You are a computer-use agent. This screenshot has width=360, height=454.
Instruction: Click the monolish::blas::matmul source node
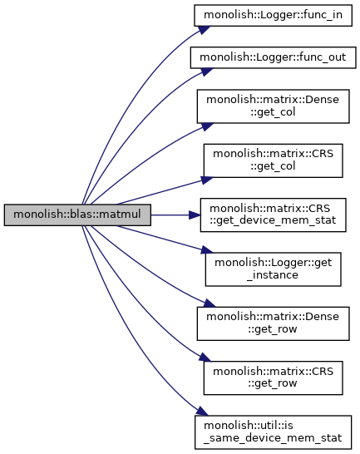click(x=77, y=215)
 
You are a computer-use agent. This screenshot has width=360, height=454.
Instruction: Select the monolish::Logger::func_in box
click(x=273, y=15)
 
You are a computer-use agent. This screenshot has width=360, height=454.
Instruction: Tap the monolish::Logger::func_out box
click(x=273, y=57)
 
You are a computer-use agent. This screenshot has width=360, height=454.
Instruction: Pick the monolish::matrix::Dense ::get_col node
click(x=273, y=106)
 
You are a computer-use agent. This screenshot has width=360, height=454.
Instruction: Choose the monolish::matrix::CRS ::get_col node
click(x=273, y=160)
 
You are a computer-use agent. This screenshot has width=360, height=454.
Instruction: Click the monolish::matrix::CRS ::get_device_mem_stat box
click(x=273, y=215)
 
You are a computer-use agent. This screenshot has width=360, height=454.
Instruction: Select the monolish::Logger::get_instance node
click(x=273, y=269)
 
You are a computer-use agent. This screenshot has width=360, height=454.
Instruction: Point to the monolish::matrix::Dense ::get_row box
click(x=273, y=323)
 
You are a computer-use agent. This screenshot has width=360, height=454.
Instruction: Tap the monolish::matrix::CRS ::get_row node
click(x=273, y=378)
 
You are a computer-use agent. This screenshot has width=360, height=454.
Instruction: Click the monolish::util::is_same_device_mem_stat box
click(x=273, y=432)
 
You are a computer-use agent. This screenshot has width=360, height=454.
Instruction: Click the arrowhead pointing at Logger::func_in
click(x=205, y=30)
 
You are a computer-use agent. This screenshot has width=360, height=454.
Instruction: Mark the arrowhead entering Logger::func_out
click(x=206, y=72)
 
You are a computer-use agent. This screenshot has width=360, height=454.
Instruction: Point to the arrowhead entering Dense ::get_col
click(x=206, y=126)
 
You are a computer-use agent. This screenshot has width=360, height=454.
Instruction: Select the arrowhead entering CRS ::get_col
click(x=207, y=180)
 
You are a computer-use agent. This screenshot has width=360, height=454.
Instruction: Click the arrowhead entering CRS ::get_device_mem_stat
click(x=195, y=215)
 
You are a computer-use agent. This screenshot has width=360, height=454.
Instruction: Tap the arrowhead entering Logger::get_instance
click(x=207, y=250)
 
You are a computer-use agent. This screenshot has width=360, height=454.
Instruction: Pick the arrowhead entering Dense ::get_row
click(x=210, y=303)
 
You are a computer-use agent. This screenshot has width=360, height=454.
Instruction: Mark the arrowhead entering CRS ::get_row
click(x=205, y=357)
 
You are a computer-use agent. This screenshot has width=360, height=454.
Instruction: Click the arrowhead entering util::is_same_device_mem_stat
click(x=201, y=411)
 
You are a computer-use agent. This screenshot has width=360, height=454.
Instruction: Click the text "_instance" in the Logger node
click(x=273, y=274)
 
